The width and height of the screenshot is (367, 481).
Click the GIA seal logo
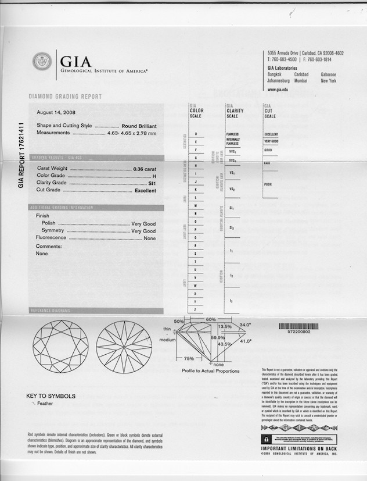[x=42, y=61]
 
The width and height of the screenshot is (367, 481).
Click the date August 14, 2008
[x=56, y=112]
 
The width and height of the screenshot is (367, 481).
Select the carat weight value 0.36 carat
[x=145, y=169]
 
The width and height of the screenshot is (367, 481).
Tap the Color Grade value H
[x=154, y=176]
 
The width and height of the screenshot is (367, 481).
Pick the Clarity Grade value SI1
[x=152, y=183]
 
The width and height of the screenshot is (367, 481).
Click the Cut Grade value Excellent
[x=145, y=190]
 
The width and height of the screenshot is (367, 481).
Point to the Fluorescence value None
[x=150, y=238]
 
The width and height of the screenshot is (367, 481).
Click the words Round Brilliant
[x=139, y=126]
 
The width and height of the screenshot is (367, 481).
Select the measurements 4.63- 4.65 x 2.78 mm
[x=132, y=133]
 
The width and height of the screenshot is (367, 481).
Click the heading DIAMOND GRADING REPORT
[x=65, y=97]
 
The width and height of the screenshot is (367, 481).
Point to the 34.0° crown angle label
[x=244, y=325]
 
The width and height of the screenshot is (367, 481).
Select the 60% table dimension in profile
[x=210, y=319]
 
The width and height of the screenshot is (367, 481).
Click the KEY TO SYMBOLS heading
[x=51, y=396]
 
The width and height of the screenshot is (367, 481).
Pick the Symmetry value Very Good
[x=143, y=231]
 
